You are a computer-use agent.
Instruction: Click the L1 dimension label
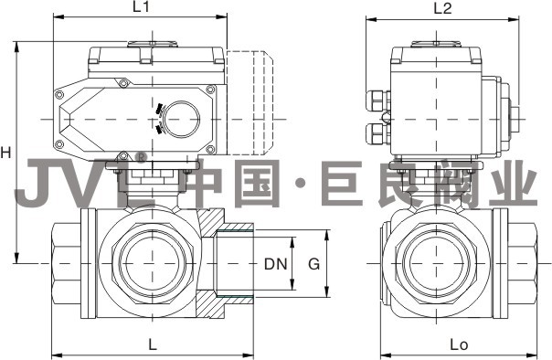pyautogui.click(x=141, y=7)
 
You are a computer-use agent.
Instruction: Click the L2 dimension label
pyautogui.click(x=442, y=8)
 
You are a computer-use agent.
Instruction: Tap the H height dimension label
pyautogui.click(x=5, y=153)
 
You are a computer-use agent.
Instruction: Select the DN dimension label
pyautogui.click(x=276, y=263)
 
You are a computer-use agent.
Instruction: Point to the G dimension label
pyautogui.click(x=314, y=263)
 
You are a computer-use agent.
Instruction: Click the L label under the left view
pyautogui.click(x=152, y=344)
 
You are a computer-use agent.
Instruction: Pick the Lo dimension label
pyautogui.click(x=459, y=344)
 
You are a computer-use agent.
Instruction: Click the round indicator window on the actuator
pyautogui.click(x=181, y=120)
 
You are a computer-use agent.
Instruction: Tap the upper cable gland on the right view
pyautogui.click(x=377, y=101)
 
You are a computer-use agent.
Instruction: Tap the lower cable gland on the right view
pyautogui.click(x=377, y=133)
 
